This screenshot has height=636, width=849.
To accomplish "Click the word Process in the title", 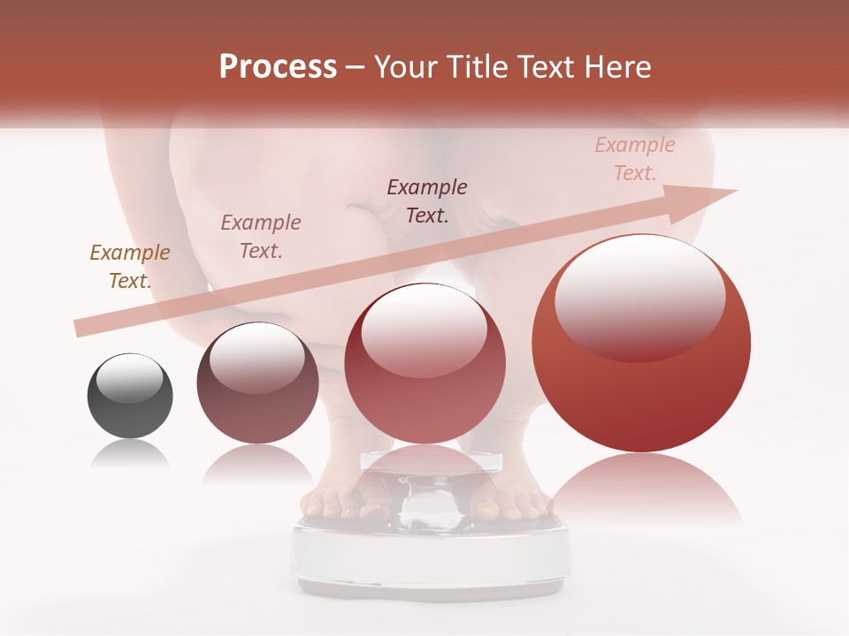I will click(x=278, y=67).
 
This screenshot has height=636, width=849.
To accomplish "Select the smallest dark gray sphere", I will click(x=130, y=396).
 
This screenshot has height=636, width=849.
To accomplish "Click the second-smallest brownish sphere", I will click(x=257, y=382).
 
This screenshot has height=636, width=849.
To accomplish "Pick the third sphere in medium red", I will click(x=424, y=363).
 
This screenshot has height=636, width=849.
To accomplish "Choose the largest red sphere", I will click(x=641, y=343).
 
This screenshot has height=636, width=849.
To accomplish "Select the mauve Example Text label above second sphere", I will click(x=261, y=237).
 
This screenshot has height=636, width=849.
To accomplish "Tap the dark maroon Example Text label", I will click(x=427, y=201).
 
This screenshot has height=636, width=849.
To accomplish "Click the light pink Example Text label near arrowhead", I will click(x=635, y=159).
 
